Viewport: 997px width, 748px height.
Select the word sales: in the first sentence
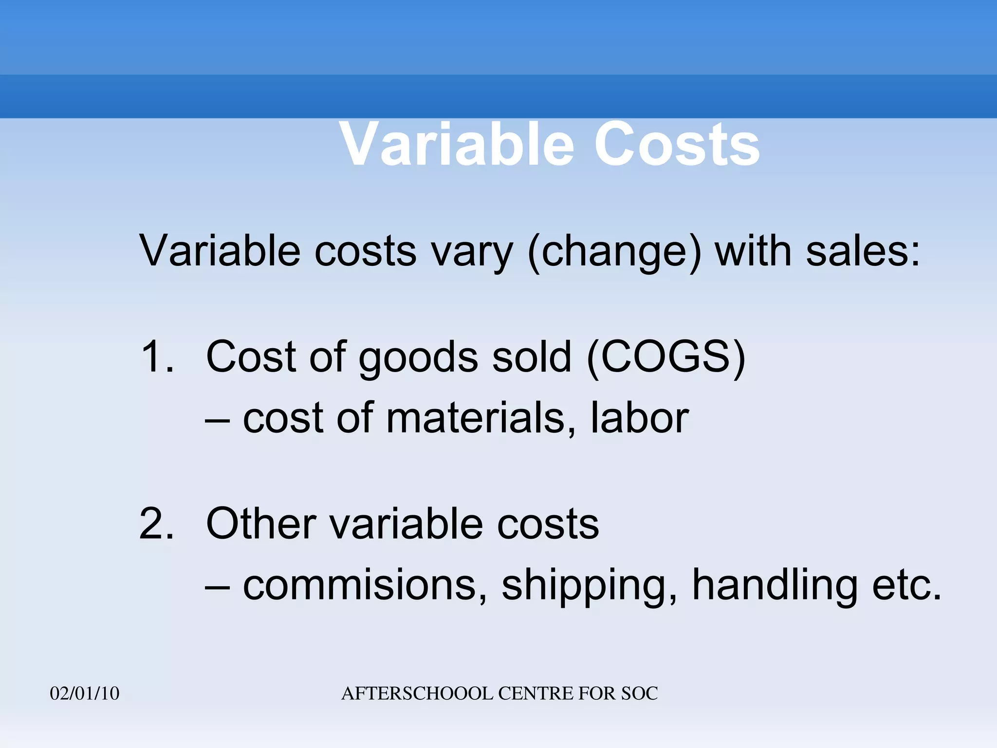(863, 251)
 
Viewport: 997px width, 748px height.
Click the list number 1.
(157, 357)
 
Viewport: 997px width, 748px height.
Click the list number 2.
(157, 524)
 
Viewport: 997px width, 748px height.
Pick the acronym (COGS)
(666, 357)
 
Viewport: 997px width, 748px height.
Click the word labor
(640, 418)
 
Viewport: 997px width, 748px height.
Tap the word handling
(775, 586)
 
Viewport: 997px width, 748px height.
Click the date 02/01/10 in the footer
(85, 693)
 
